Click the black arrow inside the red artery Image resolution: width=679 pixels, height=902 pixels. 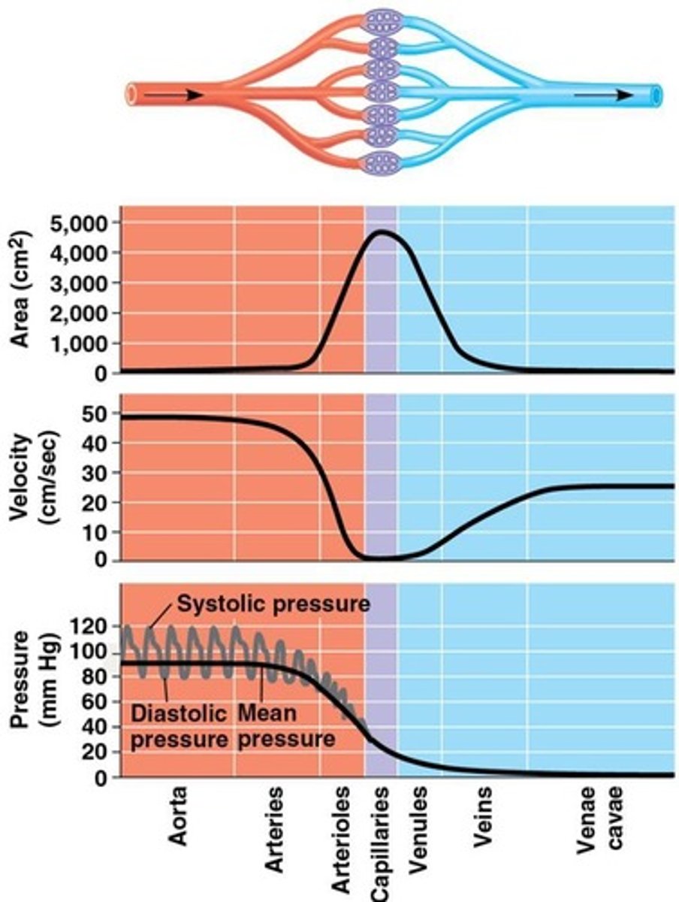(174, 95)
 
